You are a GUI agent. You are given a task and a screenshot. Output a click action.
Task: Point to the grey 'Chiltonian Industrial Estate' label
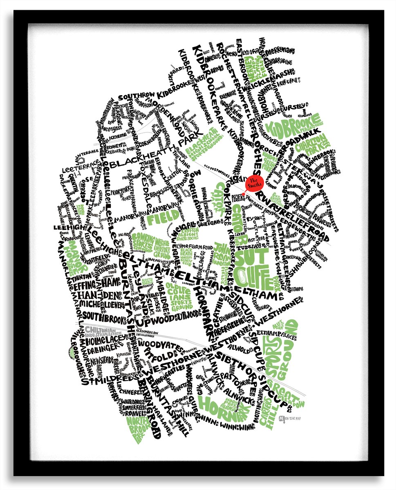coord(98,326)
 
